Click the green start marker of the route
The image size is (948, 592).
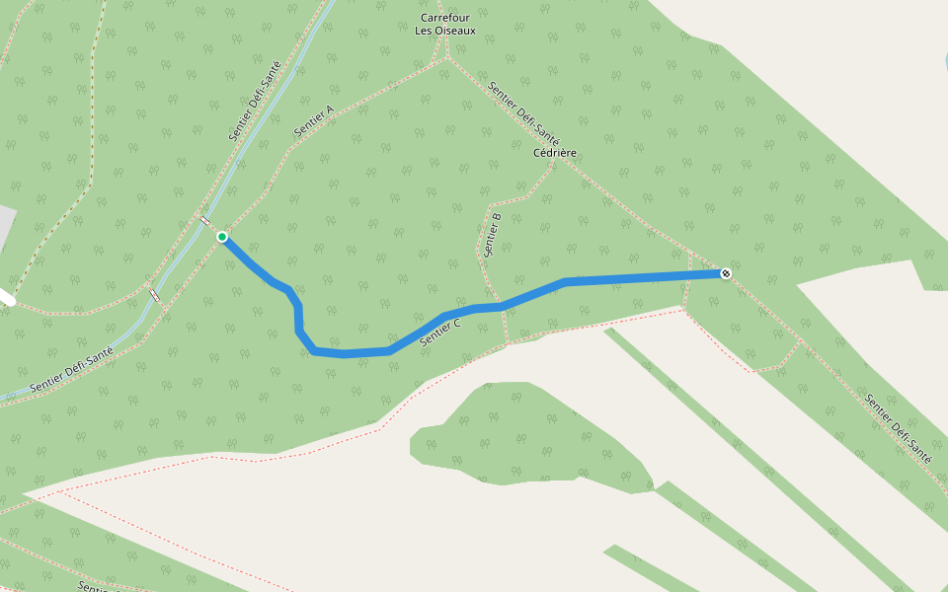point(222,237)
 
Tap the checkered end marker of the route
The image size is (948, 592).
point(726,273)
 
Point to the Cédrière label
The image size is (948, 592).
point(554,153)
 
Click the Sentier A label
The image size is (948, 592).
point(314,121)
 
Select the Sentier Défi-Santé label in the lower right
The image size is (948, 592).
point(898,429)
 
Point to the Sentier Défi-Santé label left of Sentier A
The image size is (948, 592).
point(255,101)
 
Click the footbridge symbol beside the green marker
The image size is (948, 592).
point(204,221)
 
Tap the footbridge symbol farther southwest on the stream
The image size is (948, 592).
point(154,294)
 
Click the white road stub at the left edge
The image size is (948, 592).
point(6,295)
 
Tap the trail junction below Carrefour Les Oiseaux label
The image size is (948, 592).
point(447,56)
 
